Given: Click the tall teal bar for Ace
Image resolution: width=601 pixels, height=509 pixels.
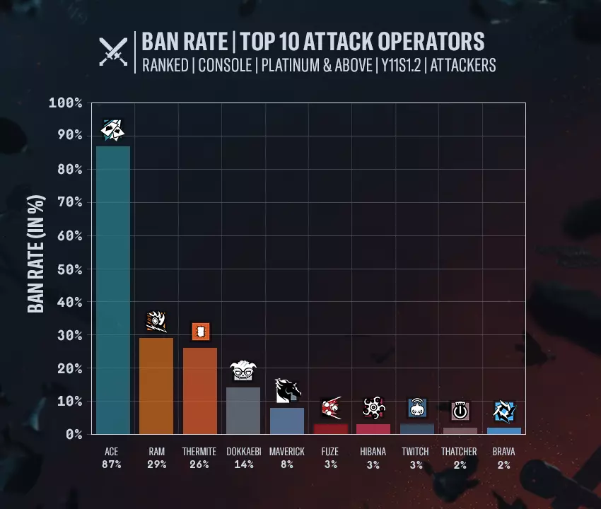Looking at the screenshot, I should point(112,290).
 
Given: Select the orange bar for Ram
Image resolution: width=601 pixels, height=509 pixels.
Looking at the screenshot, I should point(156,385).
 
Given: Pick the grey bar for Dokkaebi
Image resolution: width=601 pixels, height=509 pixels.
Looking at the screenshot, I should point(243,410).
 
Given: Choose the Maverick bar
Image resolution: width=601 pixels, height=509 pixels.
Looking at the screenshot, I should point(287,421).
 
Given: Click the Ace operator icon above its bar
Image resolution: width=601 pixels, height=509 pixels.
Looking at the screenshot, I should point(112,129).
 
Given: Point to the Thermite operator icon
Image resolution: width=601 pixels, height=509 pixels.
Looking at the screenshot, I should point(201,331).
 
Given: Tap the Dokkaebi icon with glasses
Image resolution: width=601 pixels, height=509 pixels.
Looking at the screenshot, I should point(243,370).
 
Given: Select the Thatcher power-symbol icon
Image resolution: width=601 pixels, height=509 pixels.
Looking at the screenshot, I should point(460,411).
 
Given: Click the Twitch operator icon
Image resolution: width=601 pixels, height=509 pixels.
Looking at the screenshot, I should point(417,408).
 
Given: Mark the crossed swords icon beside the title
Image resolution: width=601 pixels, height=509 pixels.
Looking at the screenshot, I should point(113,51).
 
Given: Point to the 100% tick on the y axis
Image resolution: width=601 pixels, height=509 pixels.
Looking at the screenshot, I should point(66,103).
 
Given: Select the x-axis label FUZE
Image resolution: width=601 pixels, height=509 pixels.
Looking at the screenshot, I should point(330,451).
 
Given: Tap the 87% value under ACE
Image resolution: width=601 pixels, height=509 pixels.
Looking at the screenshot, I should point(112,464).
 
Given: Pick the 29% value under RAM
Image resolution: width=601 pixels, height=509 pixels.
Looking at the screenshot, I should point(156,464).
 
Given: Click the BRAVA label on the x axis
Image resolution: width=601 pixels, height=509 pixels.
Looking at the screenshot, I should point(503,451).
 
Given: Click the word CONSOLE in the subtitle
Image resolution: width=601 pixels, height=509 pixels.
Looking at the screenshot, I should point(225,65).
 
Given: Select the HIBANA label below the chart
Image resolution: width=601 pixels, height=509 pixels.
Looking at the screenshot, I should point(373,451).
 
